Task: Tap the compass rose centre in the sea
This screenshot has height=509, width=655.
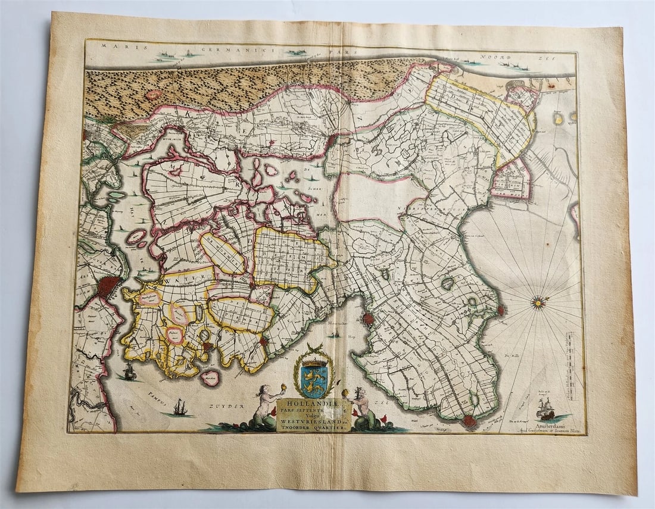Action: [539, 303]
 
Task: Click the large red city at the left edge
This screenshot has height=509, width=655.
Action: [108, 286]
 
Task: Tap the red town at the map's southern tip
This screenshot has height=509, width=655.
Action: [470, 422]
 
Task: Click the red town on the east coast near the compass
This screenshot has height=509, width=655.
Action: [501, 310]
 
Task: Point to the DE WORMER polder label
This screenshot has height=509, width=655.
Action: [222, 252]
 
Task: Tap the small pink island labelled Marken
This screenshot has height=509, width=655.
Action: [210, 377]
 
